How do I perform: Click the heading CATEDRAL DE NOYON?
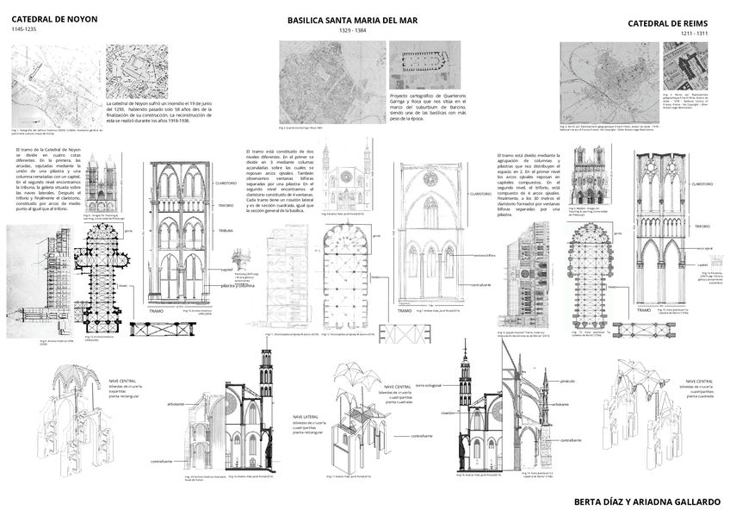[x=54, y=18]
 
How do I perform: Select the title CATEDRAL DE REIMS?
[x=667, y=23]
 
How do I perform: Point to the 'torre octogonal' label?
[x=430, y=386]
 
